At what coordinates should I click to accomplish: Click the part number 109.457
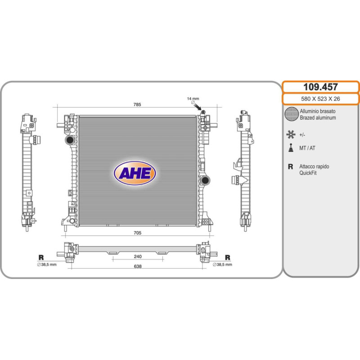coord(320,87)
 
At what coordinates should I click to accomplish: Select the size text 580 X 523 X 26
coord(320,99)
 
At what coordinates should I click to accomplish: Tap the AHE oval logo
coord(135,173)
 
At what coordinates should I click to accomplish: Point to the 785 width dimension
coord(137,104)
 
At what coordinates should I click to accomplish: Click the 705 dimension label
coord(137,233)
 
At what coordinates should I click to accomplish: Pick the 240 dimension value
coord(138,256)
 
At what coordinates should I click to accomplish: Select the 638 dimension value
coord(138,266)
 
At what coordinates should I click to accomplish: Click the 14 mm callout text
coord(193,99)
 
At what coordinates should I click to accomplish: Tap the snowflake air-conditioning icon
coord(291,135)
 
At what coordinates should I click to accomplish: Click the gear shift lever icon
coord(291,148)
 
